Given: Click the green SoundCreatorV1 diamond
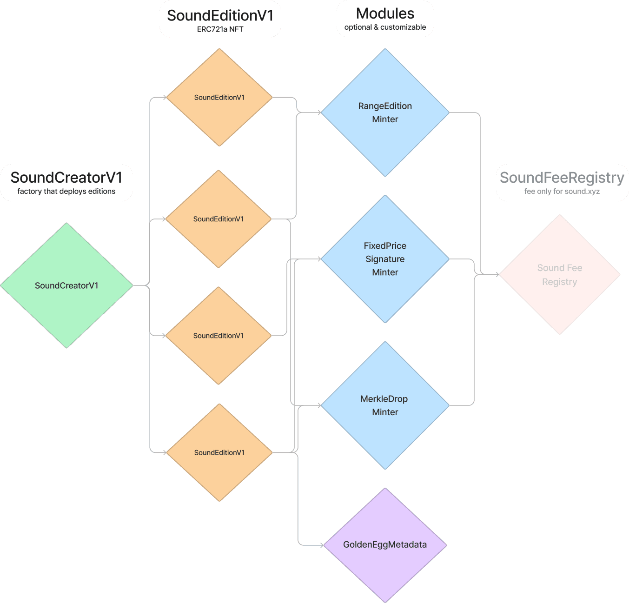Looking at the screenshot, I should click(x=66, y=285).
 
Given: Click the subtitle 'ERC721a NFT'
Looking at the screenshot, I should click(x=220, y=29).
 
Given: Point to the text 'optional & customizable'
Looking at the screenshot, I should click(x=385, y=27).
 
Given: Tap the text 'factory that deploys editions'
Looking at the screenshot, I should click(x=66, y=191).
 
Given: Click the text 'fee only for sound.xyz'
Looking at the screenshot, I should click(x=562, y=191).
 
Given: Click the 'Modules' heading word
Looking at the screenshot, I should click(x=385, y=13).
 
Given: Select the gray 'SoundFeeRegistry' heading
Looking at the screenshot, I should click(x=562, y=178).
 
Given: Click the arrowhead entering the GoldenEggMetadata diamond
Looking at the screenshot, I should click(x=321, y=545).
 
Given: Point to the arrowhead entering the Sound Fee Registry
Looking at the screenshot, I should click(x=497, y=274).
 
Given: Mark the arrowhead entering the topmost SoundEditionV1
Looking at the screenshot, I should click(x=164, y=98).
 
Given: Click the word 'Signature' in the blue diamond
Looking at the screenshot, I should click(x=385, y=259).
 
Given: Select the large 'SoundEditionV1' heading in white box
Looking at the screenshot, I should click(x=220, y=15).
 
